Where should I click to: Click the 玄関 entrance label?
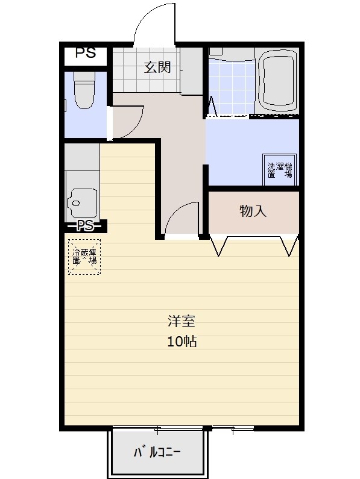pyautogui.click(x=157, y=67)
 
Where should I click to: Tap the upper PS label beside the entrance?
pyautogui.click(x=86, y=52)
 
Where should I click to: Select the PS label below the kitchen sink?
pyautogui.click(x=85, y=226)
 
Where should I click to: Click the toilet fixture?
pyautogui.click(x=85, y=90)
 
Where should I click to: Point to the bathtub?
pyautogui.click(x=278, y=80)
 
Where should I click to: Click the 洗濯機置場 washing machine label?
pyautogui.click(x=280, y=170)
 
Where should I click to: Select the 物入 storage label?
pyautogui.click(x=253, y=211)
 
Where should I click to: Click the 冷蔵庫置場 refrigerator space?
pyautogui.click(x=84, y=257)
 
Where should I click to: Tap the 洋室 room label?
pyautogui.click(x=181, y=321)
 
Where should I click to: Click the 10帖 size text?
pyautogui.click(x=182, y=341)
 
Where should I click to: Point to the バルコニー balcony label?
pyautogui.click(x=157, y=452)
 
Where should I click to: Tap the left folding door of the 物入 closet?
pyautogui.click(x=219, y=246)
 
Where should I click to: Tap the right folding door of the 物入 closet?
pyautogui.click(x=289, y=246)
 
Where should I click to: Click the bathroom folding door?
pyautogui.click(x=213, y=107)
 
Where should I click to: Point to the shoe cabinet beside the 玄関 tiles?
pyautogui.click(x=192, y=71)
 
